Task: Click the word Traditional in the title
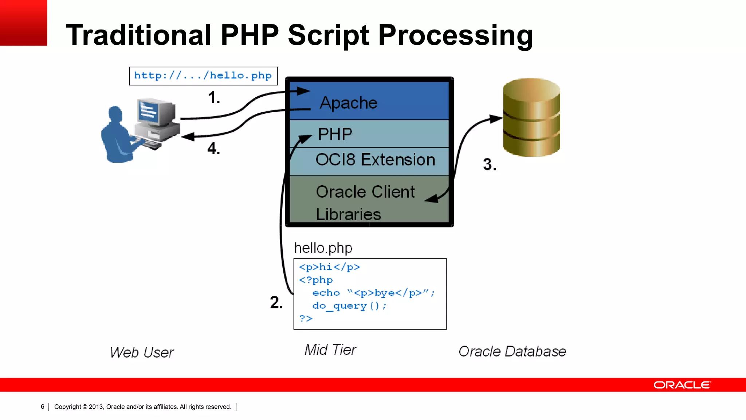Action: point(138,35)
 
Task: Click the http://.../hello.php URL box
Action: point(203,76)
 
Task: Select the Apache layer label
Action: point(348,103)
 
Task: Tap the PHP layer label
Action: point(335,134)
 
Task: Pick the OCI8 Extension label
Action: point(375,160)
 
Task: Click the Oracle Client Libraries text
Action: point(365,203)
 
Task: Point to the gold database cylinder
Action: point(531,117)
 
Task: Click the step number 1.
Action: point(214,98)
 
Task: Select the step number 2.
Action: point(276,303)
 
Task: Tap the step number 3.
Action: point(490,164)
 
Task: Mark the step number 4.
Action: point(213,149)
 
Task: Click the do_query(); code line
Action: point(349,306)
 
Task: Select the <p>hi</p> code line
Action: point(329,267)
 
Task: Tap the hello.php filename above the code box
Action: point(323,248)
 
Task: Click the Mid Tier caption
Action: point(330,350)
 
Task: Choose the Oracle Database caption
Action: point(512,351)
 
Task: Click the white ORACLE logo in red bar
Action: point(682,385)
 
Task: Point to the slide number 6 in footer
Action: point(43,407)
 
